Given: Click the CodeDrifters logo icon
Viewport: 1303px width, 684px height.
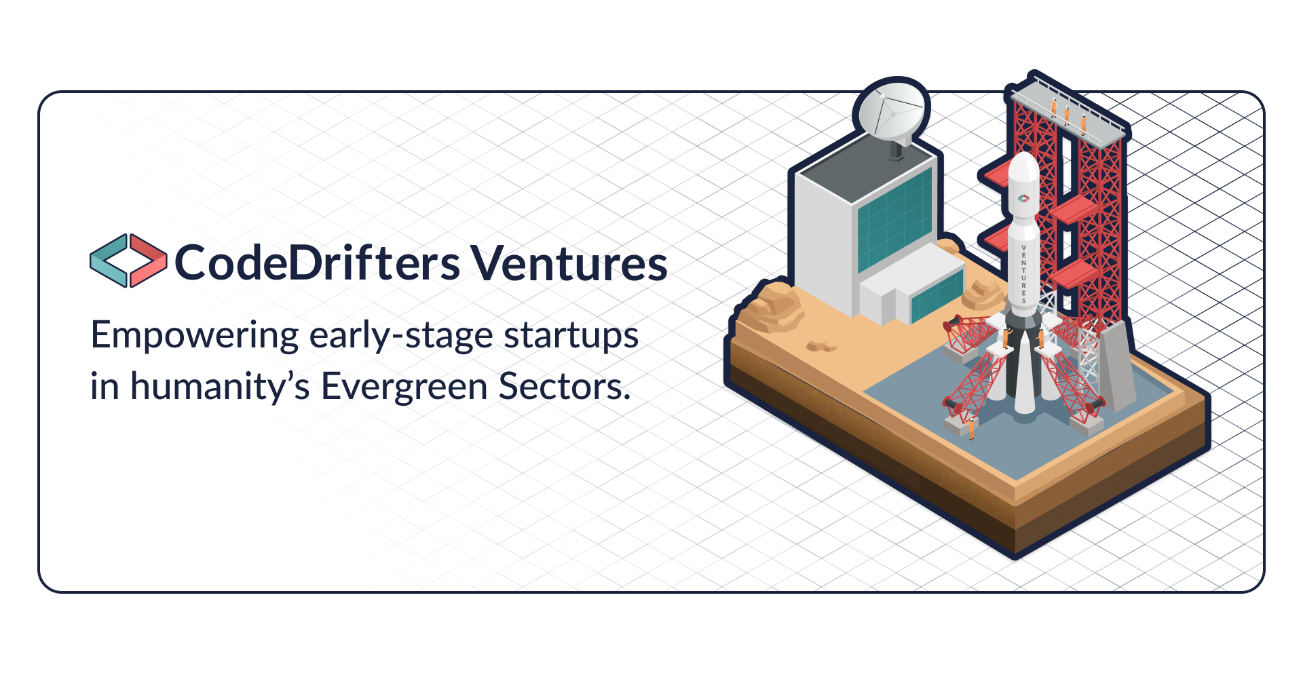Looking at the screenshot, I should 128,261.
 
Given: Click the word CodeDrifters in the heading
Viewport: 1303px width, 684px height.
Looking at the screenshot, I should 317,263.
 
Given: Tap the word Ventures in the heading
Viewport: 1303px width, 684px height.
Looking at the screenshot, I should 569,263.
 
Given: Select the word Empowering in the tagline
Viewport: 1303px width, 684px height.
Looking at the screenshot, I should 194,336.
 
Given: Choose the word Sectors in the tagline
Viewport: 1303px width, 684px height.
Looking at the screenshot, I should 564,387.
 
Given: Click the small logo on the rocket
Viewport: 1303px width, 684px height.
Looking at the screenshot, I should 1023,199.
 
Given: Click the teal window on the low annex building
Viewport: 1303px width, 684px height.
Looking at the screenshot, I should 937,297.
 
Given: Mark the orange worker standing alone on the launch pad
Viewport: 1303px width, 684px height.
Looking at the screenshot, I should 972,428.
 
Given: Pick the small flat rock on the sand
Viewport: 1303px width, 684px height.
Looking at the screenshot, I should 820,346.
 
